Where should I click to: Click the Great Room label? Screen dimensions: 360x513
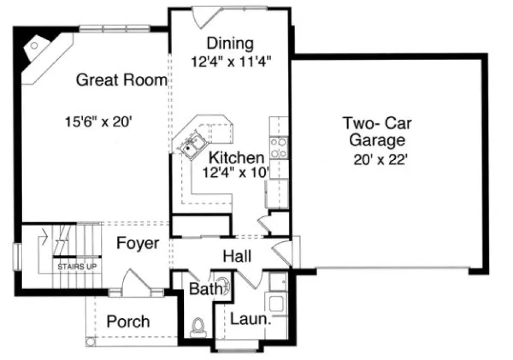pos(121,80)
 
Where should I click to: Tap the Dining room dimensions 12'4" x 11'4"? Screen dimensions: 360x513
pos(230,61)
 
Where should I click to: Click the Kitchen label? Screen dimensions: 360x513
pos(236,158)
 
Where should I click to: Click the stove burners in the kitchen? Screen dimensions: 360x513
pos(278,148)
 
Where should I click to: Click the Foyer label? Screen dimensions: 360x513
pos(138,243)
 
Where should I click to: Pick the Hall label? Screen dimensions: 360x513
pos(237,255)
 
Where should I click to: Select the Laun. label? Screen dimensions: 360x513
pos(250,318)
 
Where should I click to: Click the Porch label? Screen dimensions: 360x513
pos(128,322)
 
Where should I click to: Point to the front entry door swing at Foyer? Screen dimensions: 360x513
pos(133,282)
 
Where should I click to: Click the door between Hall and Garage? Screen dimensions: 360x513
pos(284,253)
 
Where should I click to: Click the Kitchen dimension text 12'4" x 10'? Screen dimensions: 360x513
pos(236,173)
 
